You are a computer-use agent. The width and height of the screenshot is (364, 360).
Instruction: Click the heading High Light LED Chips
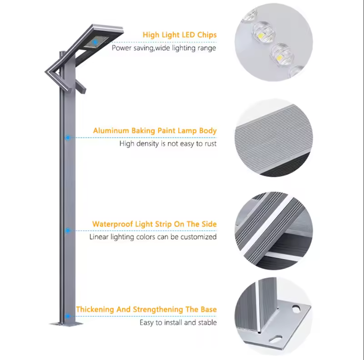(180, 35)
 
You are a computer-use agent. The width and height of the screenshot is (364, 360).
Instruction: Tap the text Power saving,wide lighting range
(164, 48)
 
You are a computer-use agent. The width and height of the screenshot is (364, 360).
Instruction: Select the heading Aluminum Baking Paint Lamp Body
(155, 131)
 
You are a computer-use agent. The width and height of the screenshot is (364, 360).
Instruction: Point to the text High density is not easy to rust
(168, 144)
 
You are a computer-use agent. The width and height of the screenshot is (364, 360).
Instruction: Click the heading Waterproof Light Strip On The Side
(154, 224)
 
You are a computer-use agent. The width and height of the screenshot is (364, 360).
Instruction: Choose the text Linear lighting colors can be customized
(153, 237)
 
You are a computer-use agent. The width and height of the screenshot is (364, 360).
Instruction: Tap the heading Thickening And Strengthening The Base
(146, 309)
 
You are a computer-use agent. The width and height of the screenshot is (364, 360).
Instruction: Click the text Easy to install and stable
(178, 322)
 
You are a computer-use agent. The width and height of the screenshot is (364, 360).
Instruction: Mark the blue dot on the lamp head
(95, 42)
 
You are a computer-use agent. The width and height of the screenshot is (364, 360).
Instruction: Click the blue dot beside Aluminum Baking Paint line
(67, 138)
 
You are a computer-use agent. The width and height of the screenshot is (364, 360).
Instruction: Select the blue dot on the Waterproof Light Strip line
(67, 231)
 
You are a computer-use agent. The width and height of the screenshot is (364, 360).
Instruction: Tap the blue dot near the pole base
(67, 316)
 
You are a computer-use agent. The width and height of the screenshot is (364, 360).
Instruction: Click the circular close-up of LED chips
(274, 42)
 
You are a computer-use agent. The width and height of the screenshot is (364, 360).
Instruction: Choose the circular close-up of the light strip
(274, 231)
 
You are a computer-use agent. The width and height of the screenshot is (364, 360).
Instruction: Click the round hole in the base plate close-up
(296, 309)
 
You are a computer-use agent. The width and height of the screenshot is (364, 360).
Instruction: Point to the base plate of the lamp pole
(66, 324)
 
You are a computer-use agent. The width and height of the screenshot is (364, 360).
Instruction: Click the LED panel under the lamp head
(96, 42)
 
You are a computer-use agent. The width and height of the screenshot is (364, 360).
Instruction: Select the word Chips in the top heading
(207, 35)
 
